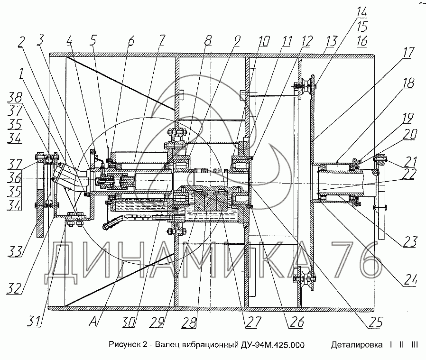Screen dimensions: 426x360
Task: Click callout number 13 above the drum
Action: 331,41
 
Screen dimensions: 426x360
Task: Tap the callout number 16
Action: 362,41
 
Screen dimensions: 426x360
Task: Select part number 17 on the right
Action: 407,53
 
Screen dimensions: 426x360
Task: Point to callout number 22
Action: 409,174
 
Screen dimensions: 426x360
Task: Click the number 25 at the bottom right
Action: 376,322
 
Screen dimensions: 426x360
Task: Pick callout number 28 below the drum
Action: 189,323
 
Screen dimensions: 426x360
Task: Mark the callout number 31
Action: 34,322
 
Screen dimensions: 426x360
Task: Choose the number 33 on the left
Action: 15,251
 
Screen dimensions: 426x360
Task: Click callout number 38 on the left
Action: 15,97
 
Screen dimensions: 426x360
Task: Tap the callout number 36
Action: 15,178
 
